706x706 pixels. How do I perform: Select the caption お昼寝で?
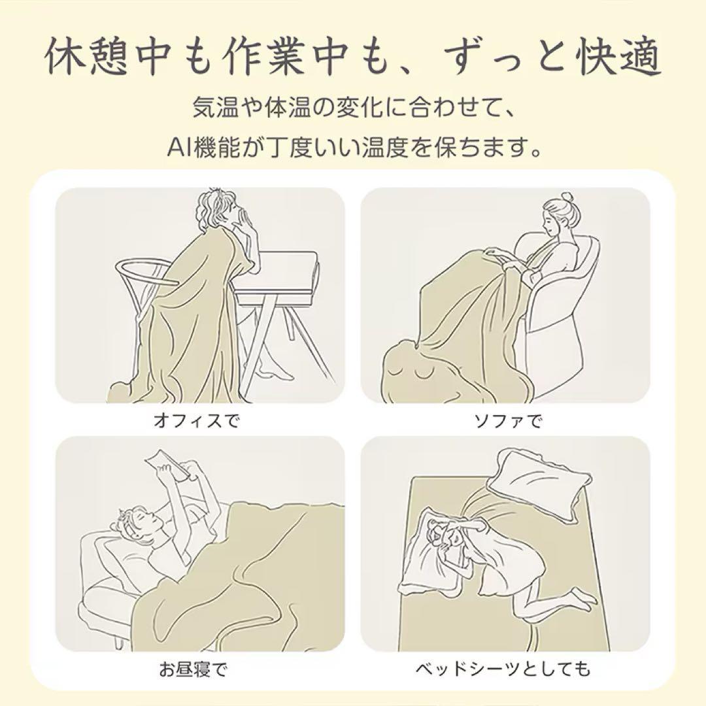tap(193, 670)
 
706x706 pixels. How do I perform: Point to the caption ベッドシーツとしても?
tap(503, 670)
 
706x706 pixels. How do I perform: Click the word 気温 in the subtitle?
tap(214, 107)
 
